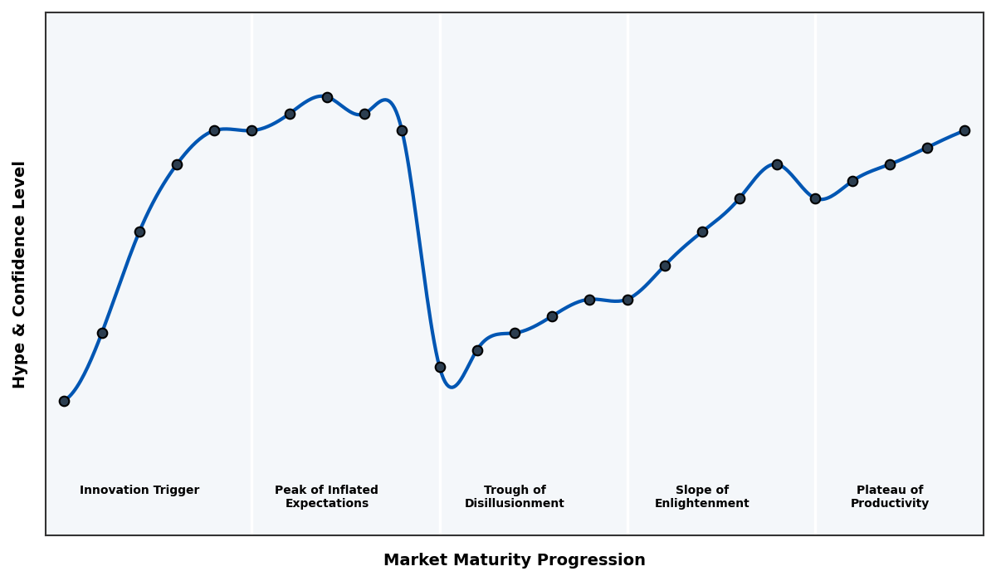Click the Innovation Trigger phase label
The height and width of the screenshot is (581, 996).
click(x=139, y=491)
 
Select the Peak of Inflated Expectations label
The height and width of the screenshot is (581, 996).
click(x=326, y=497)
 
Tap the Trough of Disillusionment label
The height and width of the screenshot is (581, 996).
click(x=515, y=497)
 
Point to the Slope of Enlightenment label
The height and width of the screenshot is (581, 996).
click(x=701, y=497)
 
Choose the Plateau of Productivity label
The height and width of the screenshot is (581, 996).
click(x=890, y=497)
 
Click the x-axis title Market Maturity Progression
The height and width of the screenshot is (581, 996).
click(x=514, y=560)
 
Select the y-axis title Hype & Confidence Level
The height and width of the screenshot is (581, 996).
click(x=20, y=274)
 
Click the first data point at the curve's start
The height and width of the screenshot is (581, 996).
click(x=64, y=401)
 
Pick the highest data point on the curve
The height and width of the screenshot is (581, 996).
click(x=327, y=97)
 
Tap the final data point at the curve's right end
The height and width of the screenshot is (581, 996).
click(x=964, y=130)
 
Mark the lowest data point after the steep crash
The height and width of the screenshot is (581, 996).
click(x=440, y=367)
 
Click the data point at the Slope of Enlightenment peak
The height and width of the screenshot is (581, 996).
click(x=777, y=164)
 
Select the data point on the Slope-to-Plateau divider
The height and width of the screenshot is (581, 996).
click(x=815, y=198)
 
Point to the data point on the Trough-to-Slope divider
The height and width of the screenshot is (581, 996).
click(x=627, y=300)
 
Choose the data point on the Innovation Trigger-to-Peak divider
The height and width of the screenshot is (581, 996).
click(x=251, y=130)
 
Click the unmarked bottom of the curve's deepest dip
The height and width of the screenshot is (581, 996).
click(x=452, y=387)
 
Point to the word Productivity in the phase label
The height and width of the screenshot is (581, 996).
click(x=890, y=504)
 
